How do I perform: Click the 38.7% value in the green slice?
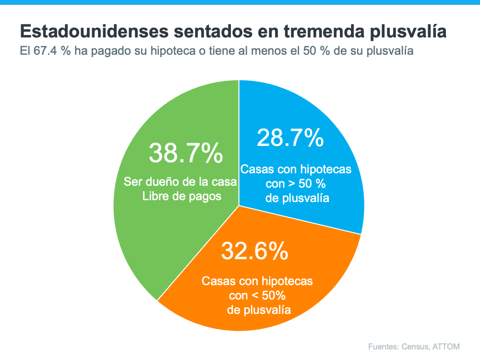[x=186, y=153]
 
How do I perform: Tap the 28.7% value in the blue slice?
[x=290, y=138]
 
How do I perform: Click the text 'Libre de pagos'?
[x=182, y=196]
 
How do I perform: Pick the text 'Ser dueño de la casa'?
[x=180, y=182]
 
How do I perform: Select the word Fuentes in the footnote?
[x=384, y=347]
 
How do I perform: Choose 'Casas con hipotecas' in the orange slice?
[x=257, y=281]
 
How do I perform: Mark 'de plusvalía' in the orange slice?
[x=259, y=309]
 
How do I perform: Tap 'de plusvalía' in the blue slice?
[x=297, y=198]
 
